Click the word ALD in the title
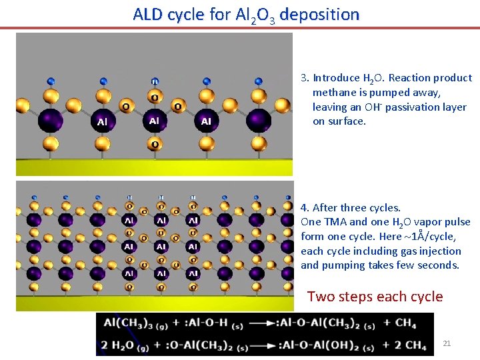point(149,14)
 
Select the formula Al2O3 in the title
point(252,15)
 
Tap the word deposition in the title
point(319,14)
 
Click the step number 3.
point(304,78)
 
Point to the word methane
point(334,93)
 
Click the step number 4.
point(304,208)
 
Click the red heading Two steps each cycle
point(375,297)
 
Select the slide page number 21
point(447,343)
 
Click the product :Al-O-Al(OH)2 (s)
point(329,345)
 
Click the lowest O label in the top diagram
point(155,145)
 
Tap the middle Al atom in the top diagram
point(155,121)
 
